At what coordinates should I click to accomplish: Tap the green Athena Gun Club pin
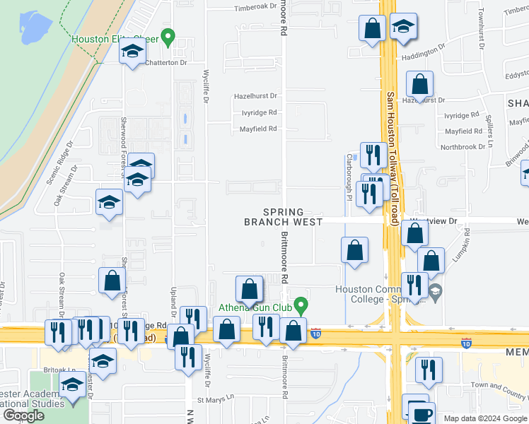click(x=301, y=306)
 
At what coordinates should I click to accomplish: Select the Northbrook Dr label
click(x=463, y=147)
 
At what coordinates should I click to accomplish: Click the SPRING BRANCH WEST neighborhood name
click(x=283, y=217)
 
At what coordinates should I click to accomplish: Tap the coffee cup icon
click(x=423, y=414)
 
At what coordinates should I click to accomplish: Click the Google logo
click(x=23, y=416)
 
